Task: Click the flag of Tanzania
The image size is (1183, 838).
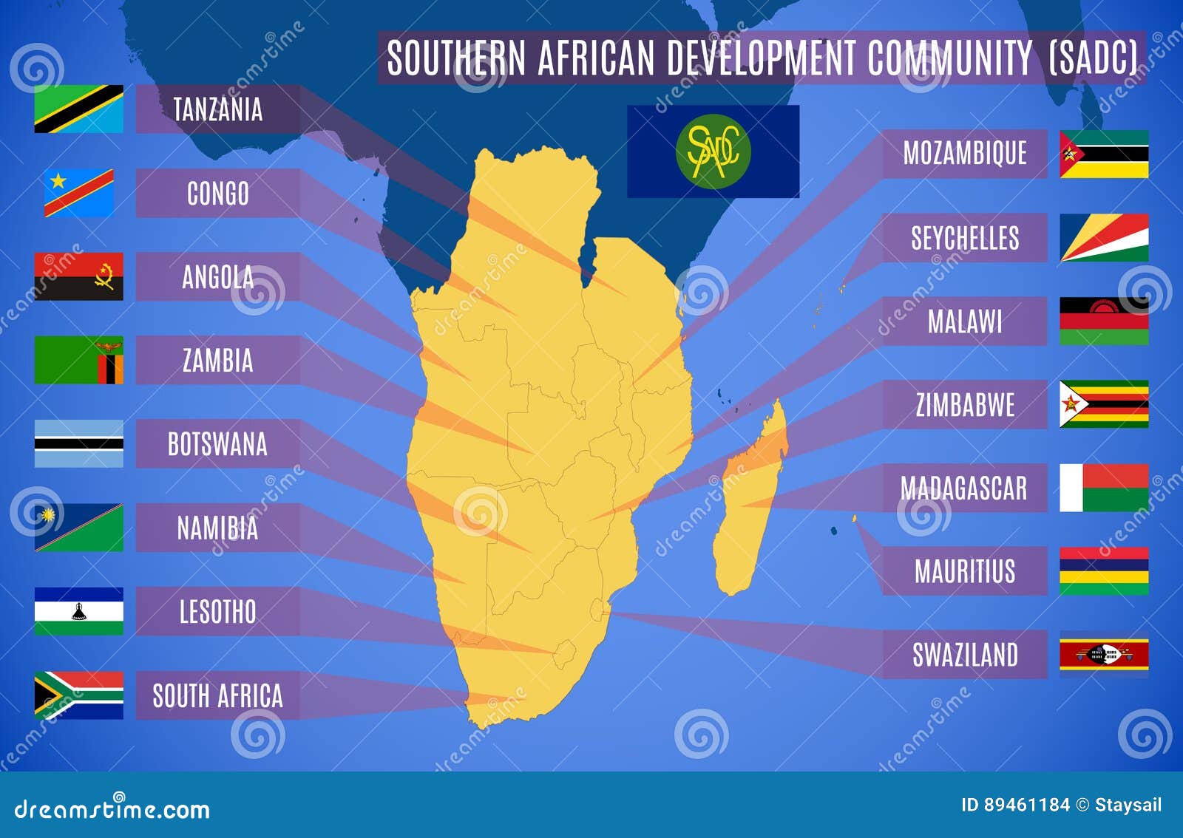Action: click(x=78, y=109)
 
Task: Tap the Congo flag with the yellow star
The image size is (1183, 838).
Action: click(x=78, y=192)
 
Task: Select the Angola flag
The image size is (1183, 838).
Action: click(x=78, y=276)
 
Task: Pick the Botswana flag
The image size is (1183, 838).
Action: click(x=78, y=443)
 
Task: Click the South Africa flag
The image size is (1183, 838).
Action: click(x=78, y=695)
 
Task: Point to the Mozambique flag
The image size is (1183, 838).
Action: click(x=1103, y=154)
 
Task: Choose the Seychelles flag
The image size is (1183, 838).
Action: click(x=1103, y=237)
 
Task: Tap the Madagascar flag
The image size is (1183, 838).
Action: click(x=1103, y=488)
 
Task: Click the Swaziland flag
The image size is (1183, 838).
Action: click(x=1103, y=655)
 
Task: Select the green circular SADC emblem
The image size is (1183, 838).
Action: click(x=713, y=151)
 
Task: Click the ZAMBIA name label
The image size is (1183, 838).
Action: click(x=217, y=361)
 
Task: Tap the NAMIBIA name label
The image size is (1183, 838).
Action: click(x=217, y=528)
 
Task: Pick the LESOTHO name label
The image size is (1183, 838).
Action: click(x=217, y=612)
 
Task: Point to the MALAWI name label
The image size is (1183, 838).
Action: click(x=964, y=321)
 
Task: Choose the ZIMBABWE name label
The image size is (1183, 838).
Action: click(x=964, y=405)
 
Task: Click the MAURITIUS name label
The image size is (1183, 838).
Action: click(x=964, y=571)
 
